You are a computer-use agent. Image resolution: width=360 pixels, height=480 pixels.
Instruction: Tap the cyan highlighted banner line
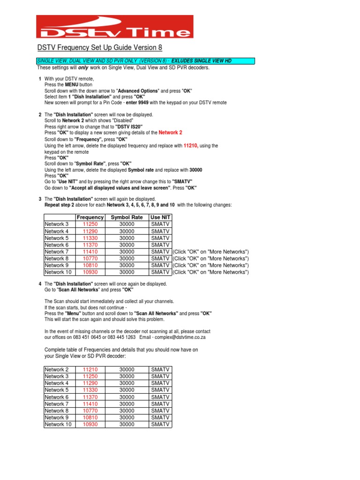pyautogui.click(x=145, y=61)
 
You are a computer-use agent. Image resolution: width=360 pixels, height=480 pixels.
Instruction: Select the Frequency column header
pyautogui.click(x=90, y=217)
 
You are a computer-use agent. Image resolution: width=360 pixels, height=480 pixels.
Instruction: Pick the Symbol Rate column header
pyautogui.click(x=127, y=217)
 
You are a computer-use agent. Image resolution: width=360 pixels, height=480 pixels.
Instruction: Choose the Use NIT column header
pyautogui.click(x=160, y=217)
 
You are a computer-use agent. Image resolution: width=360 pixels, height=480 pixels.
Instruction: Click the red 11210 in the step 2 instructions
pyautogui.click(x=191, y=146)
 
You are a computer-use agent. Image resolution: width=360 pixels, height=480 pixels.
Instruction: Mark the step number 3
pyautogui.click(x=40, y=199)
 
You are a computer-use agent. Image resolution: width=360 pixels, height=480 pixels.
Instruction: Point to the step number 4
pyautogui.click(x=40, y=284)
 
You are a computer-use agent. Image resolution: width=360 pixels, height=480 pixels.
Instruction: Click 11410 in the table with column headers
pyautogui.click(x=90, y=251)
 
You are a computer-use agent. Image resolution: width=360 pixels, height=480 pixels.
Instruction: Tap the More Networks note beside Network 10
pyautogui.click(x=211, y=272)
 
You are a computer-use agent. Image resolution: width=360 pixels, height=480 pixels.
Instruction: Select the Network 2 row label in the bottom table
pyautogui.click(x=57, y=369)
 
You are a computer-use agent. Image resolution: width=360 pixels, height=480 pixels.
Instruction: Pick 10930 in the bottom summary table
pyautogui.click(x=90, y=424)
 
